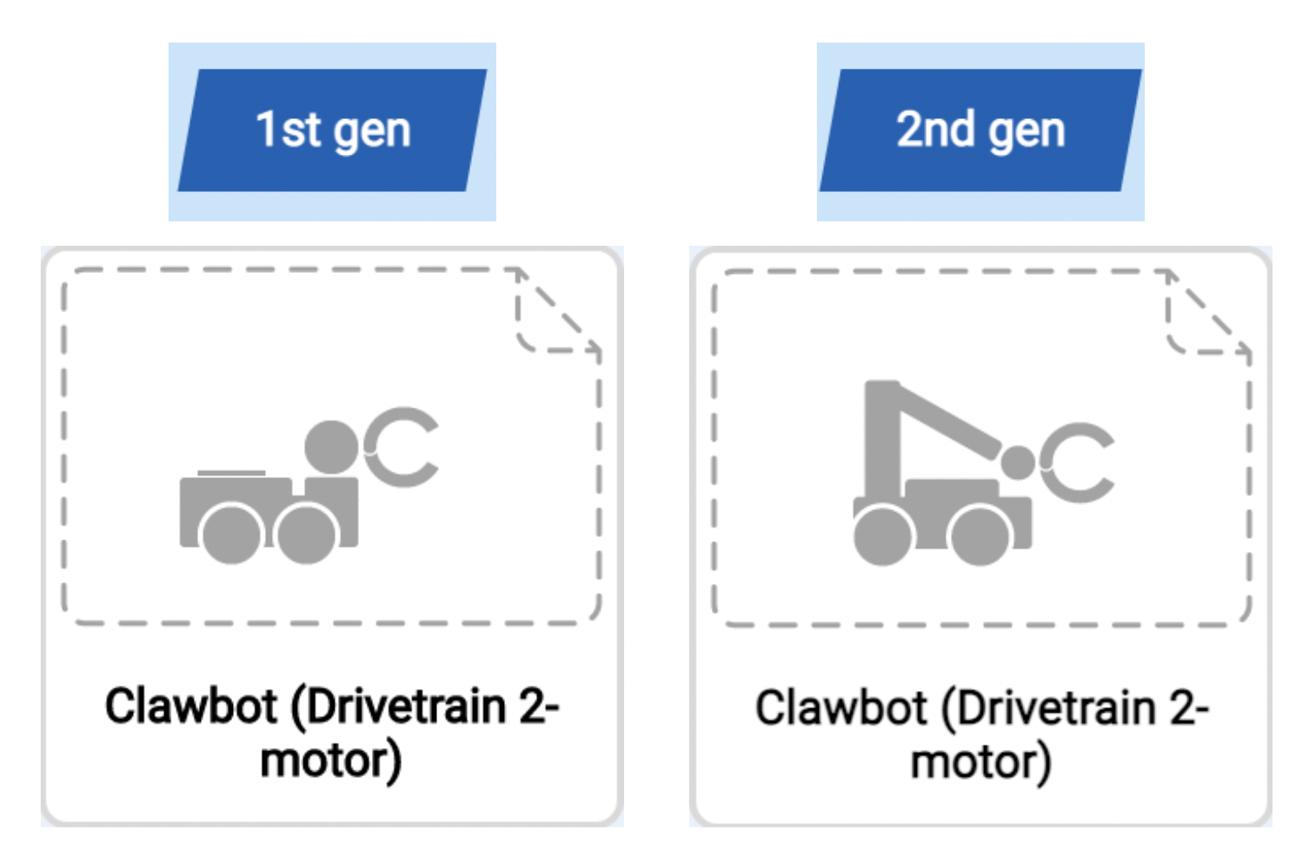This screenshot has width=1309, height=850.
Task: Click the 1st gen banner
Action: (x=332, y=130)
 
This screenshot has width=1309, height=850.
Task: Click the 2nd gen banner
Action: (x=980, y=130)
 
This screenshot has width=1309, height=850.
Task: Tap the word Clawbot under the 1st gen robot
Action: (x=191, y=706)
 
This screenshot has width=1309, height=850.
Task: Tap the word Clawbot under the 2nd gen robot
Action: (x=841, y=707)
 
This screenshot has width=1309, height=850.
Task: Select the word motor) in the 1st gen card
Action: (x=331, y=760)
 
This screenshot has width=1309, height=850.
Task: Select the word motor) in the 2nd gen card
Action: (x=980, y=762)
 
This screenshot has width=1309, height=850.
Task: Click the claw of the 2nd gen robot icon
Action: (x=1078, y=463)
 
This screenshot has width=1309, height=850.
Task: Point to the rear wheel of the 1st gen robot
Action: (x=231, y=533)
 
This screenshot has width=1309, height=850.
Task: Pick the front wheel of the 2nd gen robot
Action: (x=980, y=535)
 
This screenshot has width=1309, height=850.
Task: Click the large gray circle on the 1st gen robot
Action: (x=331, y=448)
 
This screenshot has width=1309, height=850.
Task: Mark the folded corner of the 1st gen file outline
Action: (x=556, y=313)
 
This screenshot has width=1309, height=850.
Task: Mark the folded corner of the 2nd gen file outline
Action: (x=1206, y=315)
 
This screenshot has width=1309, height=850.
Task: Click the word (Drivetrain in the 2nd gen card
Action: (x=1049, y=707)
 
